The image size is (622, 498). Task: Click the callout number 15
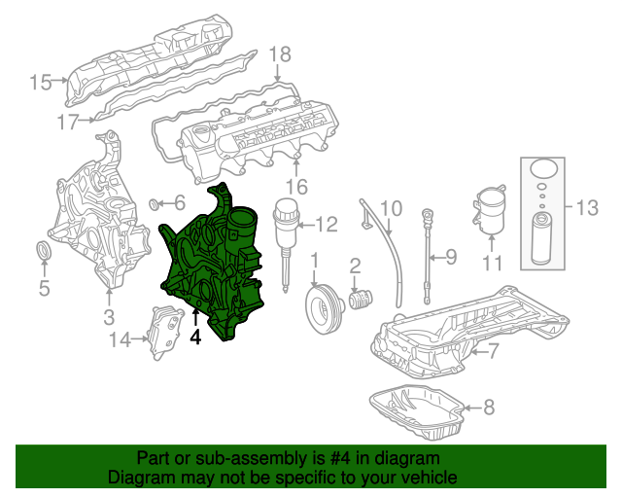[x=40, y=82]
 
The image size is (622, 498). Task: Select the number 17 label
[x=66, y=123]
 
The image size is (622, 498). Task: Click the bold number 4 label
[x=195, y=338]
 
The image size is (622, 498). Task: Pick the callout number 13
[x=586, y=207]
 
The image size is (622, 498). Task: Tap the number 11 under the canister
[x=493, y=264]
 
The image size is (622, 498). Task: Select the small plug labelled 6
[x=154, y=204]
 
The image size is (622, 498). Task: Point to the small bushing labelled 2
[x=361, y=297]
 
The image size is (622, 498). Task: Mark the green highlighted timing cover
[x=209, y=263]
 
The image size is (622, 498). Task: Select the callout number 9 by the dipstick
[x=450, y=258]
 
